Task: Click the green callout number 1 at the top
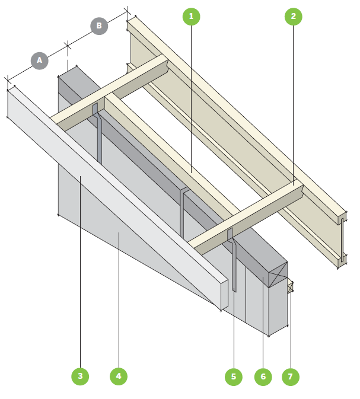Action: coord(191,17)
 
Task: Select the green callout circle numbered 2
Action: coord(293,17)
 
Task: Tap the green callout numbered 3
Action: coord(80,376)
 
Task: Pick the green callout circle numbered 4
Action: coord(119,376)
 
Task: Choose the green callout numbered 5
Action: coord(234,376)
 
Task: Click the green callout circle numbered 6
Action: coord(262,376)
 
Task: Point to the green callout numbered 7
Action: coord(291,376)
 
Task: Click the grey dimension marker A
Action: coord(40,60)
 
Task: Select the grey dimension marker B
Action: coord(99,26)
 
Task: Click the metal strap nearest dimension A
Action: coord(99,136)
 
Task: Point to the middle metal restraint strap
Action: coord(183,213)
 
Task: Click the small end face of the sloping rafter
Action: coord(224,296)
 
